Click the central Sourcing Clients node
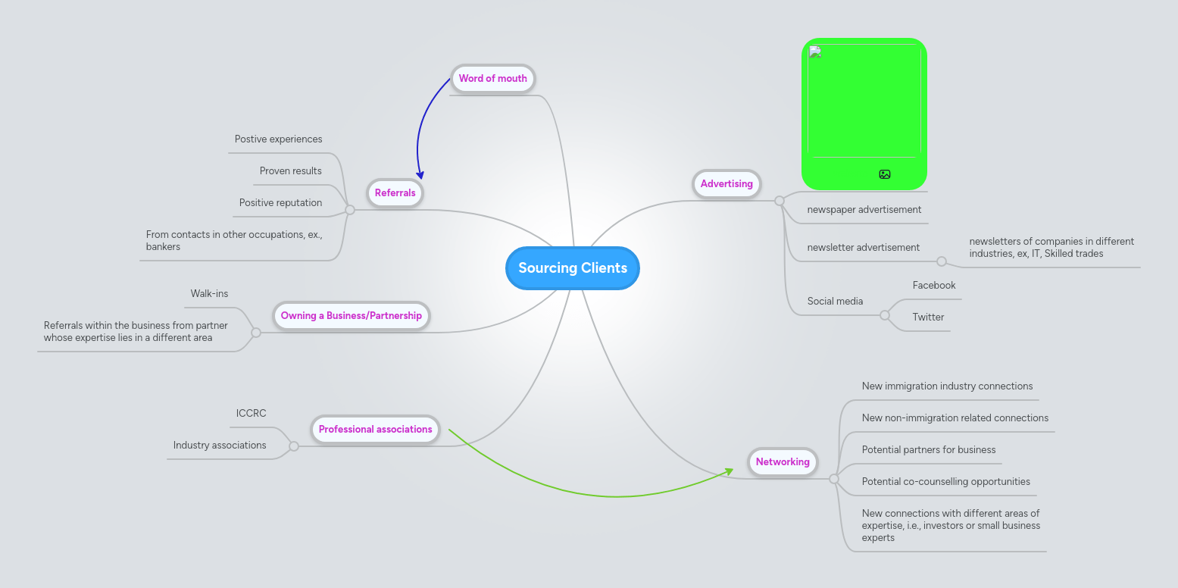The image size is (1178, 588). tap(573, 268)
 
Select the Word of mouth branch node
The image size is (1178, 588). tap(492, 79)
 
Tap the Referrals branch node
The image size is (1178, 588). tap(395, 193)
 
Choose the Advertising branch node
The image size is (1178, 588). tap(726, 184)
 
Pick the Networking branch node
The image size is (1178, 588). tap(783, 462)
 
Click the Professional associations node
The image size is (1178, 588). tap(375, 430)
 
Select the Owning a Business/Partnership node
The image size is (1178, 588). tap(351, 316)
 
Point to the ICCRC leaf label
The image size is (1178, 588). tap(252, 414)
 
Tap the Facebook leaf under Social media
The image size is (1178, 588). tap(934, 286)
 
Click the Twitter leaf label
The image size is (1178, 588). tap(928, 317)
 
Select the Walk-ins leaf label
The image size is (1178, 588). tap(209, 294)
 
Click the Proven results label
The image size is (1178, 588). tap(290, 171)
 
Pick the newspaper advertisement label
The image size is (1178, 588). tap(864, 210)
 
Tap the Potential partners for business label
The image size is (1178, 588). tap(929, 450)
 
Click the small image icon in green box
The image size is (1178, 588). tap(885, 174)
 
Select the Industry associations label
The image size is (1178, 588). tap(220, 446)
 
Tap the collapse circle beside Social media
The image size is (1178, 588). tap(885, 315)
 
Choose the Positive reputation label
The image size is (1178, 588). tap(280, 203)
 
